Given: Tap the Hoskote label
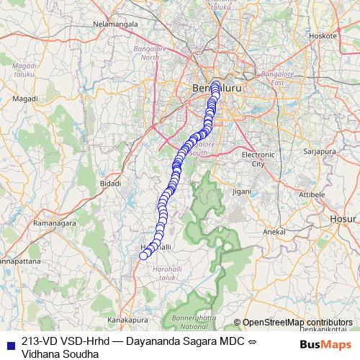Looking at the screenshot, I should pos(321,35).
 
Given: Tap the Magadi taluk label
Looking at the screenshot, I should pos(24,68).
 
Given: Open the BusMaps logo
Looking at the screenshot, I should pos(325,343).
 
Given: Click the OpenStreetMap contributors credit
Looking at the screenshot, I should pos(297,323).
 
